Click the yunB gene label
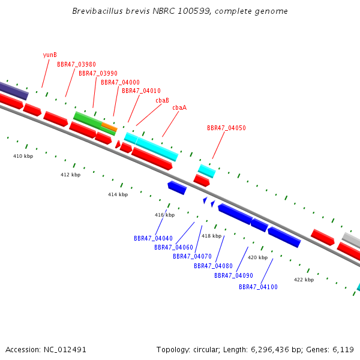click(50, 55)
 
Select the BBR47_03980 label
click(76, 65)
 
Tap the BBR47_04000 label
click(121, 82)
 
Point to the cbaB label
click(163, 100)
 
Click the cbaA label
click(179, 107)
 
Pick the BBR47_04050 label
click(226, 128)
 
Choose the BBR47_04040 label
click(153, 238)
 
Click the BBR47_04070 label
click(192, 256)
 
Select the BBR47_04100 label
click(258, 287)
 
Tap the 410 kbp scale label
click(23, 156)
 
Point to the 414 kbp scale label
click(118, 194)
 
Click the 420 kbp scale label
click(258, 257)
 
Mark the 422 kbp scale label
click(304, 280)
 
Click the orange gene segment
click(110, 127)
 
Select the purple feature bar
click(14, 91)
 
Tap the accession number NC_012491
click(65, 350)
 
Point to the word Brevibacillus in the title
click(98, 11)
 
